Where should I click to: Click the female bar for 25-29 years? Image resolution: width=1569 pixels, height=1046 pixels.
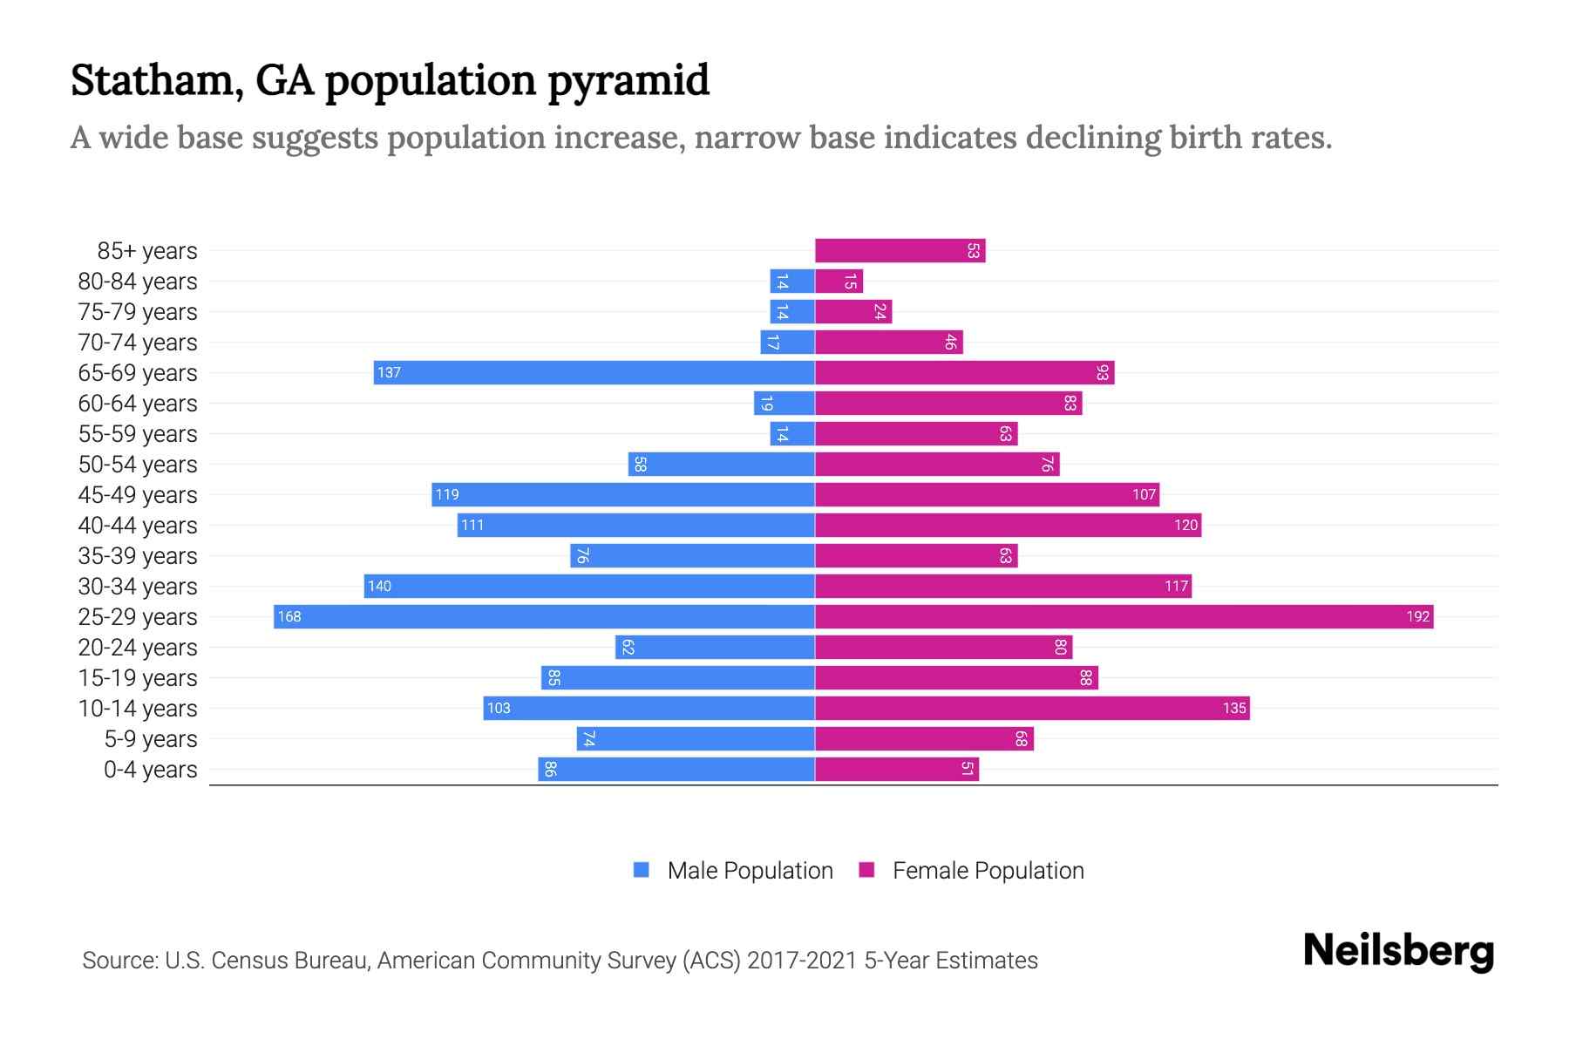coord(1124,617)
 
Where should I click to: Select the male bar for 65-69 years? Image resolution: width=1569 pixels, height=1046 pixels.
coord(594,373)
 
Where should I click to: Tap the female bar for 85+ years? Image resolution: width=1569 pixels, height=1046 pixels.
coord(900,251)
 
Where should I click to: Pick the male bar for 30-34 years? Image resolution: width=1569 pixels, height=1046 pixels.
coord(589,587)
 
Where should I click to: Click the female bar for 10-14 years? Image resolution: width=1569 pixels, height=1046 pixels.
coord(1032,709)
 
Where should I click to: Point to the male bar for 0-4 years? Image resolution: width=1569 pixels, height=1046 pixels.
coord(676,770)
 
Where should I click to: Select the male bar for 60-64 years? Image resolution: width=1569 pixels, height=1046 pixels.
coord(784,404)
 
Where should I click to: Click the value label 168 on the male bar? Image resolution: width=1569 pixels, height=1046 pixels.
coord(289,617)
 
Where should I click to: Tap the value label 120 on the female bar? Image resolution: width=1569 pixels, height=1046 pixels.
coord(1185,526)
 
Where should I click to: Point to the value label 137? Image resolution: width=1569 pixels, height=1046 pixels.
coord(389,373)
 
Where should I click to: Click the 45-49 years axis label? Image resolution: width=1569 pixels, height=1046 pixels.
coord(138,495)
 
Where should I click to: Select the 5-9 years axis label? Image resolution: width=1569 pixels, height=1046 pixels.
coord(151,739)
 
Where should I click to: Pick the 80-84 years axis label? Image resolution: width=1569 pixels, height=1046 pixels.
coord(138,282)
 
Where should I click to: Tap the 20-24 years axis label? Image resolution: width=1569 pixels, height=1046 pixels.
coord(138,648)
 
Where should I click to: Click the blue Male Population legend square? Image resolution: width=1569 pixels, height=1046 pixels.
coord(642,870)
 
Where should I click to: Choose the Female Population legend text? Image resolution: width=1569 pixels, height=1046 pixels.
coord(988,871)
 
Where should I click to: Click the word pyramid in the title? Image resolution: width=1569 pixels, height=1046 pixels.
coord(628,81)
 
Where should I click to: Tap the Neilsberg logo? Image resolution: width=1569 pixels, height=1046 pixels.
coord(1398,951)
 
